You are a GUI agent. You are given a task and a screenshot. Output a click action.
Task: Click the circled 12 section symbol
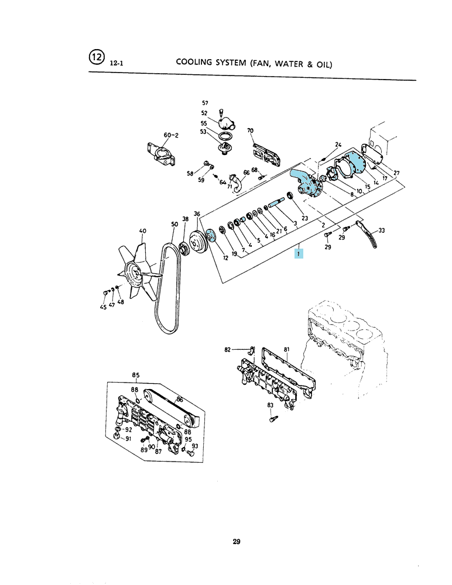(96, 57)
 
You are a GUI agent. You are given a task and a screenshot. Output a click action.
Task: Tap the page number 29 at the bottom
(237, 541)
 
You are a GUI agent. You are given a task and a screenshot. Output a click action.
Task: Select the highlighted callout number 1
(299, 253)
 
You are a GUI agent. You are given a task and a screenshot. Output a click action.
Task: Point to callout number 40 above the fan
(143, 231)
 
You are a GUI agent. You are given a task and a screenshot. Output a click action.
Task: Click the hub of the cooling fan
(135, 273)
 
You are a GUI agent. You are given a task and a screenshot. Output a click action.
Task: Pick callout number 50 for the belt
(175, 224)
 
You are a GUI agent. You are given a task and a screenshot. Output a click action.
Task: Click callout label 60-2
(171, 135)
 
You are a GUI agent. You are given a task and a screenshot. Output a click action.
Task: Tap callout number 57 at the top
(205, 103)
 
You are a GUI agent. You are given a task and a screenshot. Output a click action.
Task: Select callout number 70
(250, 130)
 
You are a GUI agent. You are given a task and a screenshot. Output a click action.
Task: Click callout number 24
(338, 144)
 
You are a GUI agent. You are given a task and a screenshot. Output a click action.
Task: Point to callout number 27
(396, 173)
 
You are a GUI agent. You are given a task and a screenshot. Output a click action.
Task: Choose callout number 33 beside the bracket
(381, 230)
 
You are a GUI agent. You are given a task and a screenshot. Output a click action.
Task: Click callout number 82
(228, 350)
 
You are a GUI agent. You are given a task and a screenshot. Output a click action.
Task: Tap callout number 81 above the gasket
(287, 350)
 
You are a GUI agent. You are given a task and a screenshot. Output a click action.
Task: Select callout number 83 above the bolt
(270, 405)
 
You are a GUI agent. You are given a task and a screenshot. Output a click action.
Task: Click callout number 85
(136, 376)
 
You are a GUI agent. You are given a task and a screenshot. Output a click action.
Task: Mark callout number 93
(195, 446)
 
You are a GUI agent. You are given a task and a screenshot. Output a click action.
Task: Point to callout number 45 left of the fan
(103, 307)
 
